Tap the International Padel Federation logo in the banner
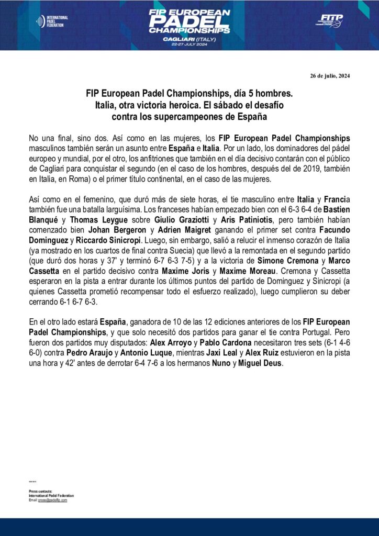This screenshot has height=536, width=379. click(x=52, y=21)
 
